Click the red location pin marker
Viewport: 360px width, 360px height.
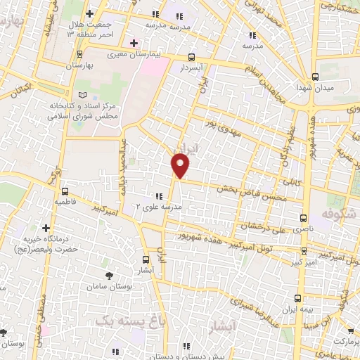(x=181, y=165)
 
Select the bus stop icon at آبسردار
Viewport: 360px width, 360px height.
(x=193, y=58)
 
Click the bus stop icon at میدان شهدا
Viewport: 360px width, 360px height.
(x=314, y=77)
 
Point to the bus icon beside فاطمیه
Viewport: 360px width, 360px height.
(x=65, y=191)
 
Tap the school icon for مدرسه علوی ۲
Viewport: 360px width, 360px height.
(x=158, y=197)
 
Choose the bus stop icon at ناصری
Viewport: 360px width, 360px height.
(x=304, y=218)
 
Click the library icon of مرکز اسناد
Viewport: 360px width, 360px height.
(x=83, y=95)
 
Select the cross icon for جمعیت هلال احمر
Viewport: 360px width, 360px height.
(x=89, y=13)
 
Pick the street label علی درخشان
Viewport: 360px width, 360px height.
(x=262, y=226)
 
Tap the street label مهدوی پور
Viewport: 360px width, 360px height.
(x=225, y=130)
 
